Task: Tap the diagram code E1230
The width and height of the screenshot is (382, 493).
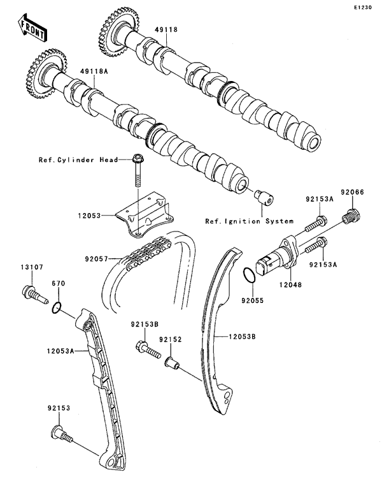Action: click(x=364, y=8)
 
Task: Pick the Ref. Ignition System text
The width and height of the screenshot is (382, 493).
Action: click(x=249, y=221)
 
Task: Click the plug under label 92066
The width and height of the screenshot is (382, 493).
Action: click(x=349, y=217)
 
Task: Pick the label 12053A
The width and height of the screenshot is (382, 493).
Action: click(x=61, y=350)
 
